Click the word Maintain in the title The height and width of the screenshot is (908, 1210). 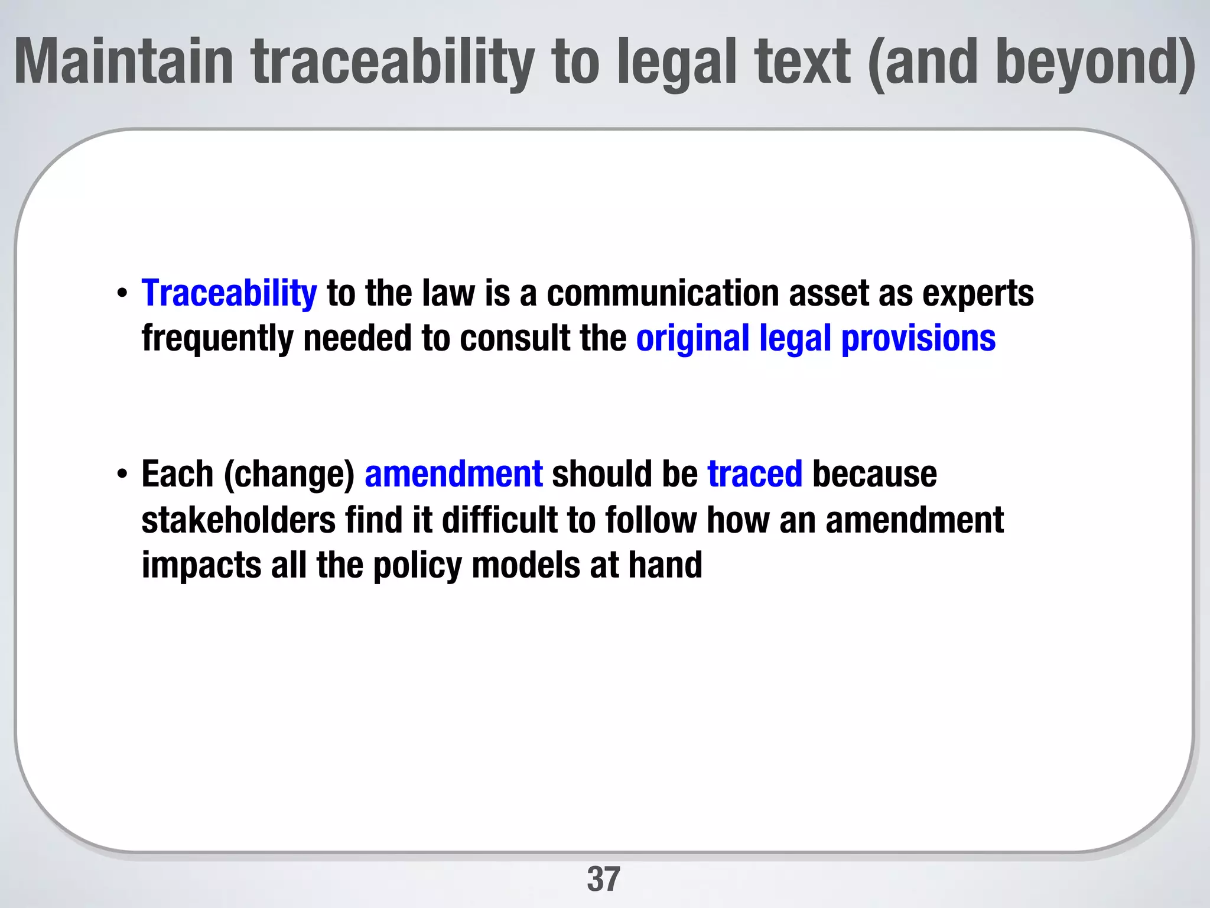(x=124, y=61)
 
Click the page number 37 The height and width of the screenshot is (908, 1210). (x=603, y=879)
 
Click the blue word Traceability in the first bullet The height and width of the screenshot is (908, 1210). (x=229, y=293)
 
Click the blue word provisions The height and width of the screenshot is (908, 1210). (x=918, y=338)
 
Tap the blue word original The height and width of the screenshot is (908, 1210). (x=693, y=338)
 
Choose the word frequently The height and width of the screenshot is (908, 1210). (x=217, y=338)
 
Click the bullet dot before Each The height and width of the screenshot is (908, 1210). (x=122, y=475)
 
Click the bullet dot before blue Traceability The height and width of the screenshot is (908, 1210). (x=122, y=294)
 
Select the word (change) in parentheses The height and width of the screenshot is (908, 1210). (x=289, y=475)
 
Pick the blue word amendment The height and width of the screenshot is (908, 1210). (x=454, y=474)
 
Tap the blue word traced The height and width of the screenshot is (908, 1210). (x=755, y=474)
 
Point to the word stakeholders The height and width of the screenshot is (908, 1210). (x=239, y=520)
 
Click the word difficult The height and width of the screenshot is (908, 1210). (x=500, y=520)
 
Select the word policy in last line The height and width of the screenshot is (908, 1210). (x=417, y=565)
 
